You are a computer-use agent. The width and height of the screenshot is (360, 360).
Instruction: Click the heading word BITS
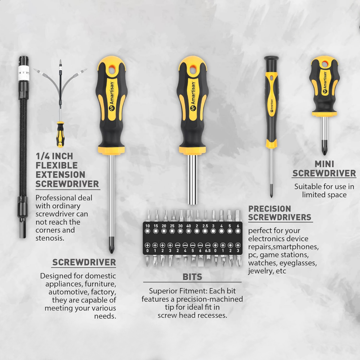(192, 277)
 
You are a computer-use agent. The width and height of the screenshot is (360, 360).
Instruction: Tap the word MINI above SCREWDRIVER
(324, 164)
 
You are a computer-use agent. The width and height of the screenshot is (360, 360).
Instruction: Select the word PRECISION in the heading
(270, 209)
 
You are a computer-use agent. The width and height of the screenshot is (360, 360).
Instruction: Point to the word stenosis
(50, 238)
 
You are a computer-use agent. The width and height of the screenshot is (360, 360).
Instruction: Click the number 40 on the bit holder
(189, 226)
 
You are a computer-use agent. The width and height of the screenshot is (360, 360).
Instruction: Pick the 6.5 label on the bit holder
(208, 251)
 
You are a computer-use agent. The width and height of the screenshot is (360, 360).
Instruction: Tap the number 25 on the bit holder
(172, 226)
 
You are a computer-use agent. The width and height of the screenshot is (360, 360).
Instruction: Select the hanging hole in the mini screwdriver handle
(325, 64)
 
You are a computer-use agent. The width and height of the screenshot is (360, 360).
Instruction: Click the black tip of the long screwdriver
(111, 251)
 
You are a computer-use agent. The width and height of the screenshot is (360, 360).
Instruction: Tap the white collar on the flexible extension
(23, 73)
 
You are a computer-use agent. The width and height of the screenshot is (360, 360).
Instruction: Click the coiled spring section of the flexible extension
(23, 147)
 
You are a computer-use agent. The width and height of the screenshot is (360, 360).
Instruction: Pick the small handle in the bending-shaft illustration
(60, 134)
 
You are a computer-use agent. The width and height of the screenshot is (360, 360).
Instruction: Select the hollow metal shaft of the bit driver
(192, 179)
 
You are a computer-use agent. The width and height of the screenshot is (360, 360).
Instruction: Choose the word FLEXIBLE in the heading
(57, 165)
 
